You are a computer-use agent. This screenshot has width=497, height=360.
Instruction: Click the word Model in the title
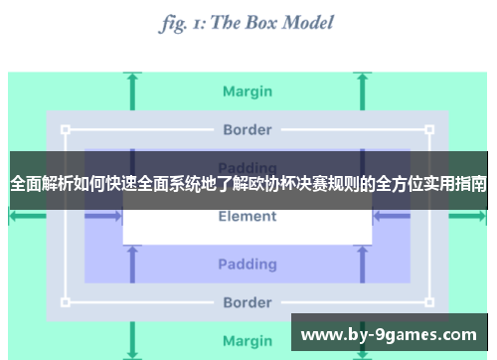click(x=298, y=23)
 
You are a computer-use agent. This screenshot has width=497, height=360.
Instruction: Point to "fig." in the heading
click(x=176, y=23)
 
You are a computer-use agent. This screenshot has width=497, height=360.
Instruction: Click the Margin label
click(x=248, y=91)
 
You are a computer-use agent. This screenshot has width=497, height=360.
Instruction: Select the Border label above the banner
click(x=248, y=129)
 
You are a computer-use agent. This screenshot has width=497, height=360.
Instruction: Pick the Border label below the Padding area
click(x=248, y=302)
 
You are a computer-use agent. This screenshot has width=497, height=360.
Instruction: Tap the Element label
click(x=248, y=216)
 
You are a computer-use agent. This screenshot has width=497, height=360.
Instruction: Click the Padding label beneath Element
click(x=248, y=264)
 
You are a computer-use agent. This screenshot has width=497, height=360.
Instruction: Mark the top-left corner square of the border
click(x=66, y=129)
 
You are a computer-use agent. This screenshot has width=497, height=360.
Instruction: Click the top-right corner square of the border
click(x=429, y=129)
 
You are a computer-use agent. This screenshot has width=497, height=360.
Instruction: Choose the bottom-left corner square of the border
click(x=66, y=302)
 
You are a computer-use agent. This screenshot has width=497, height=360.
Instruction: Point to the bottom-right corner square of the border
click(x=429, y=302)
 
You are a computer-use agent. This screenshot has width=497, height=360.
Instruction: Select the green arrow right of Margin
click(x=364, y=91)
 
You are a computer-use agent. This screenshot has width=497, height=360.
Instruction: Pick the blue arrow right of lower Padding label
click(x=364, y=264)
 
